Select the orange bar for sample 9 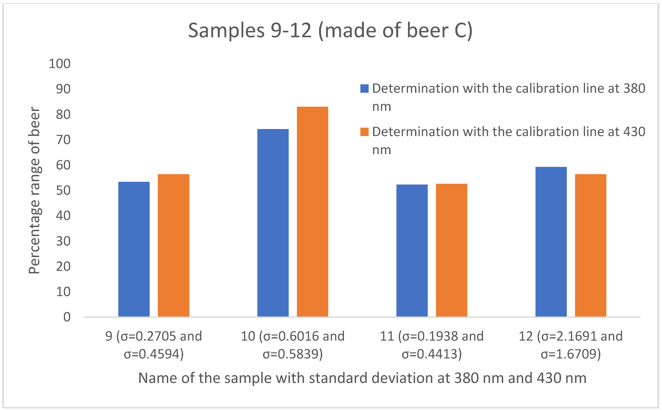point(174,245)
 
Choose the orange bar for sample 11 point(451,250)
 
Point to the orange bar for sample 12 point(590,245)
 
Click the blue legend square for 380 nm point(364,89)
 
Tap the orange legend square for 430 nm point(364,132)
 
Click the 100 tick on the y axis point(59,64)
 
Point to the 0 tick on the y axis point(67,317)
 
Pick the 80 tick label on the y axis point(63,115)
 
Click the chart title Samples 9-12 point(330,30)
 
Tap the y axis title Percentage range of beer point(34,190)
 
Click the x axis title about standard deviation point(362,378)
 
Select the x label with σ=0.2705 point(154,345)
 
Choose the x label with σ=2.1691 point(571,345)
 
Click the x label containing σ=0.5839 point(293,345)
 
